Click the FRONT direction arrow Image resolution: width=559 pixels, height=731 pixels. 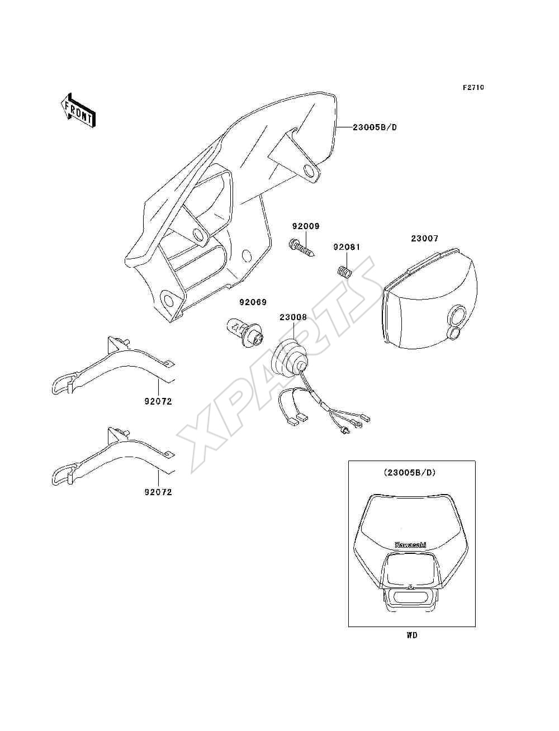(x=78, y=110)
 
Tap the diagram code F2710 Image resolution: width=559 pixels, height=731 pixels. (x=473, y=87)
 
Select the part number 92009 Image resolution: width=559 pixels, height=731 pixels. (x=306, y=226)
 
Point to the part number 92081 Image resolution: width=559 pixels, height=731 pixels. (x=347, y=247)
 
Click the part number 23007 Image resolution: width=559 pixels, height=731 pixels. (x=424, y=239)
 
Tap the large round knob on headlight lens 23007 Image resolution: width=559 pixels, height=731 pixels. (x=456, y=315)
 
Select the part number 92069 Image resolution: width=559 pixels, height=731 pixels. (x=253, y=302)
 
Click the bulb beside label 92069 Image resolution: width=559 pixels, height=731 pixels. (x=245, y=333)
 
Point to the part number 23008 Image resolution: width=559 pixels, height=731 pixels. (x=293, y=317)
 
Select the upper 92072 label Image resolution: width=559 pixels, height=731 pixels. (x=158, y=402)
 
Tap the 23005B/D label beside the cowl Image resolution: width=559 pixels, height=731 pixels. (x=375, y=127)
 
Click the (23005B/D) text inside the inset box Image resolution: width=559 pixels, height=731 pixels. (x=412, y=473)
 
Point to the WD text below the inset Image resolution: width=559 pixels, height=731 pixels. (x=412, y=635)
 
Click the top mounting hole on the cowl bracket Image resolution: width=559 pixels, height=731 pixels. (x=310, y=171)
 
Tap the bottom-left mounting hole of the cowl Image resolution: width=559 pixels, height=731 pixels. (x=169, y=301)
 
